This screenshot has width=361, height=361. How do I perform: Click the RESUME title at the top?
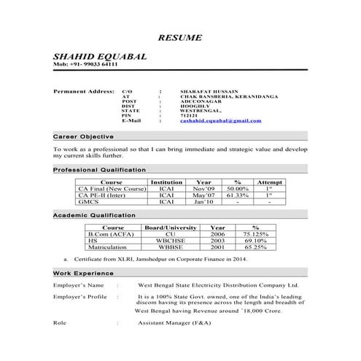pyautogui.click(x=180, y=37)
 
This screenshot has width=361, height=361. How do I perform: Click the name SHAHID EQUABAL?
pyautogui.click(x=99, y=56)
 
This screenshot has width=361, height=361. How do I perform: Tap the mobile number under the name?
pyautogui.click(x=85, y=66)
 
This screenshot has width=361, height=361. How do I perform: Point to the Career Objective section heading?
pyautogui.click(x=83, y=137)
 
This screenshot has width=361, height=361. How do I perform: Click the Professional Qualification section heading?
pyautogui.click(x=99, y=169)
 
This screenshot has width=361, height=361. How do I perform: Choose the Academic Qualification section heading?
pyautogui.click(x=94, y=216)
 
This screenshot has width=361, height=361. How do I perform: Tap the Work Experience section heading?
pyautogui.click(x=82, y=273)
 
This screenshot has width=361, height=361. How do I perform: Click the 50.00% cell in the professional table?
pyautogui.click(x=237, y=188)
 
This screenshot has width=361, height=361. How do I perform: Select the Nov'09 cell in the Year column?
pyautogui.click(x=203, y=188)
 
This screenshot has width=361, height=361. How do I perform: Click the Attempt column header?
pyautogui.click(x=269, y=182)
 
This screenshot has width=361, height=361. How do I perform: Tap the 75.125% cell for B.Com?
pyautogui.click(x=255, y=234)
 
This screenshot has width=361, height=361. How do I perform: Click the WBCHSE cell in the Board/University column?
pyautogui.click(x=171, y=241)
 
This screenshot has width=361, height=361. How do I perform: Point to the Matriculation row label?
pyautogui.click(x=109, y=247)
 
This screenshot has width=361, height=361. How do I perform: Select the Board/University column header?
pyautogui.click(x=171, y=228)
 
